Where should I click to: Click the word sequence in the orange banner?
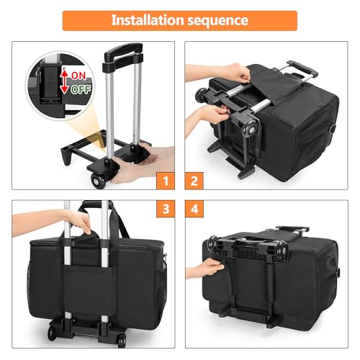pos(217,21)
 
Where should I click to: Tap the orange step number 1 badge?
pos(166,181)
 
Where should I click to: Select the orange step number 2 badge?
pos(194,181)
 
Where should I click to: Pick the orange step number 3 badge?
pos(166,209)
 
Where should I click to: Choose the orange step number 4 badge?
pos(194,209)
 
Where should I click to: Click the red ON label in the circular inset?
pos(78,76)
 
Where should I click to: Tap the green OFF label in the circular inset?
pos(81,89)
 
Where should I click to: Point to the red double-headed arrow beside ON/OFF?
pos(64,81)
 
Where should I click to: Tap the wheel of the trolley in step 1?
pos(98,180)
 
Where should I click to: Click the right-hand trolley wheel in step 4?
pos(282,251)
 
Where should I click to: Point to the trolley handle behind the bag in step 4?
pos(293,229)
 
